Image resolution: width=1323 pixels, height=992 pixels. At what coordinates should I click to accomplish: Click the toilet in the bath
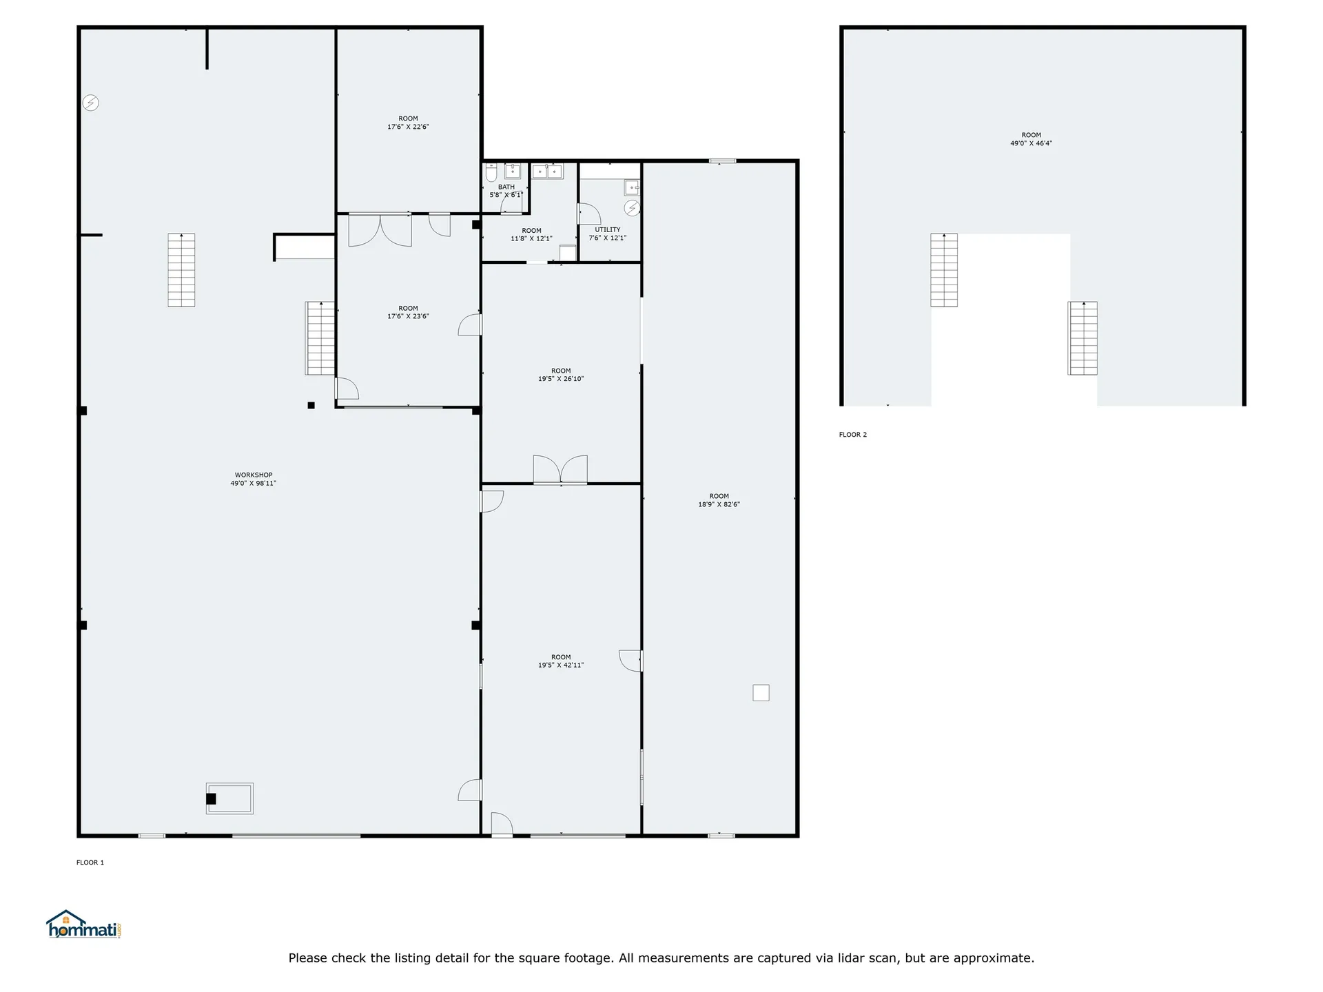tap(491, 172)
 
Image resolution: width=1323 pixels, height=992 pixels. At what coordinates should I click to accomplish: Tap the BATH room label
tap(506, 187)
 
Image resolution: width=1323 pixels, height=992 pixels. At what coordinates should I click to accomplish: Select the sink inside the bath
tap(512, 171)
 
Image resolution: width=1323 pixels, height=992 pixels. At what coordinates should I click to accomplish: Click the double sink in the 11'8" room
tap(547, 171)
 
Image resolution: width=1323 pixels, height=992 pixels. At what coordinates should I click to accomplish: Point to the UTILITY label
tap(608, 230)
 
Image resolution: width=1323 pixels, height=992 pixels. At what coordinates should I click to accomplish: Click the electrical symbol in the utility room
tap(632, 207)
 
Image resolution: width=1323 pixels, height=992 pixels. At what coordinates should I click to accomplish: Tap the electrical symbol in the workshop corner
tap(91, 103)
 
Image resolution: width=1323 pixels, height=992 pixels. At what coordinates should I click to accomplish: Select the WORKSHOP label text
tap(254, 475)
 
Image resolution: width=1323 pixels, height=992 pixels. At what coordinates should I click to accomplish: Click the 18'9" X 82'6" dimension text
tap(719, 504)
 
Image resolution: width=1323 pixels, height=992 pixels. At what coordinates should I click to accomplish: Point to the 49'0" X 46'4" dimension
tap(1032, 143)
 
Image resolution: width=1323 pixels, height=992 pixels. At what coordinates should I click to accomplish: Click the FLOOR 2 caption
tap(853, 435)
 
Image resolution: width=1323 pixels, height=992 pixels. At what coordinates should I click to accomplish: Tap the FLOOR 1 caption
tap(90, 862)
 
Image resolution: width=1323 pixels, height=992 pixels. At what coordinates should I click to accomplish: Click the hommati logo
tap(84, 924)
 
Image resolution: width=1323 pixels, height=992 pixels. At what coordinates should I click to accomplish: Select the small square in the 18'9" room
tap(761, 692)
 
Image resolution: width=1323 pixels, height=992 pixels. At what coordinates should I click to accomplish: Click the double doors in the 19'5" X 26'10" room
tap(560, 469)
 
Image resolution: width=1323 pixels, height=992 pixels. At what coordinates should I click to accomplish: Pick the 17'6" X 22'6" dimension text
tap(408, 127)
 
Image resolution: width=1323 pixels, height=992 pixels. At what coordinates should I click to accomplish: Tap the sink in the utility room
tap(633, 187)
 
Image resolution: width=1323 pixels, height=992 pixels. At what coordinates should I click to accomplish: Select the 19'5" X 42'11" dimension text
tap(561, 665)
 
